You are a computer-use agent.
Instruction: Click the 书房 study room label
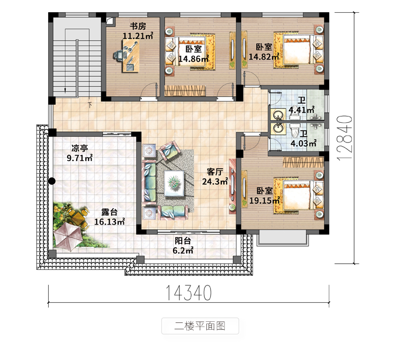point(138,26)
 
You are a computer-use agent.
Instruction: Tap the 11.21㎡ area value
point(138,35)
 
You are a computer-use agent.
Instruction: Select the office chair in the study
point(118,55)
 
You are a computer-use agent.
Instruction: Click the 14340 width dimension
point(188,293)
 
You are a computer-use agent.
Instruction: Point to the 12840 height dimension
point(345,138)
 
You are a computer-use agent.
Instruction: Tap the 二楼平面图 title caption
point(200,326)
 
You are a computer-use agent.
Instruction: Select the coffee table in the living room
point(174,183)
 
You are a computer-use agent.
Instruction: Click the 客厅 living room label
point(215,172)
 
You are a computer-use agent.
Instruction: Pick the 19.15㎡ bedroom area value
point(265,201)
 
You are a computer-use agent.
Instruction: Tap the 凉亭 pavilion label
point(79,148)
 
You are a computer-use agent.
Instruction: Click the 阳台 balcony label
point(183,241)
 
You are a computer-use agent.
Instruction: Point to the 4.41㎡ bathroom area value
point(302,110)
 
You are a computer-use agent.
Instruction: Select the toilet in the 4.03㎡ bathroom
point(295,130)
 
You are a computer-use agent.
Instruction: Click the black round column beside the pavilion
point(52,181)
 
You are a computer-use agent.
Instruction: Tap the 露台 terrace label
point(110,212)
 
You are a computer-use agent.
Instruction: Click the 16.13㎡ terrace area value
point(110,222)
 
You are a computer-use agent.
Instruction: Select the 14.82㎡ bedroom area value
point(264,57)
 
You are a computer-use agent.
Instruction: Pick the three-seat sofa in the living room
point(149,182)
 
